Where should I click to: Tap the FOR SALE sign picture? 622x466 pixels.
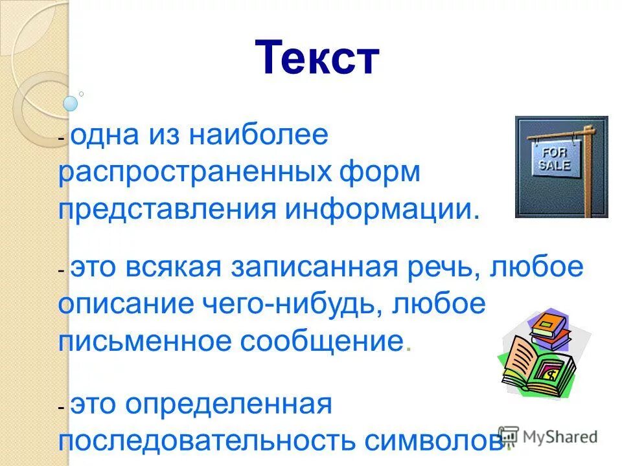point(561,166)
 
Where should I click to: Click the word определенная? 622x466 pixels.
point(229,405)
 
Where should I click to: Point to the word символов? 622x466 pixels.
point(432,441)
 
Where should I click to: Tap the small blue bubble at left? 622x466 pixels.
point(71,103)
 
